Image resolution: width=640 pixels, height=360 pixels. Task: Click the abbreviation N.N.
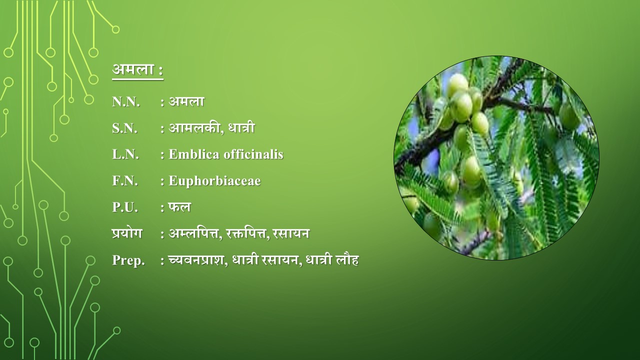[126, 101]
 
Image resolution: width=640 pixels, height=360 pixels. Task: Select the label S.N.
[125, 128]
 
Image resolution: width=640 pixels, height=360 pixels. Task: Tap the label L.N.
[125, 154]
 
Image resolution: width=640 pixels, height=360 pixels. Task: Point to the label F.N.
[125, 181]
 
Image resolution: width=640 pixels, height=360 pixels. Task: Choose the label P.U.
[125, 207]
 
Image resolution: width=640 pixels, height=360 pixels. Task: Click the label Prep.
[128, 260]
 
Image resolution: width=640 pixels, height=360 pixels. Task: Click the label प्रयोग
[127, 233]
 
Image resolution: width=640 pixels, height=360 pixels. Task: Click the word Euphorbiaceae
[214, 181]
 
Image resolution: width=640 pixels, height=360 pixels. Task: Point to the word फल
[179, 207]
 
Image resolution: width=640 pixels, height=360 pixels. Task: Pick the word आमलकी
[195, 127]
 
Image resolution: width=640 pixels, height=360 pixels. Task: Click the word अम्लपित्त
[195, 233]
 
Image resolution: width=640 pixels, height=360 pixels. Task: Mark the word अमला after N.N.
[186, 101]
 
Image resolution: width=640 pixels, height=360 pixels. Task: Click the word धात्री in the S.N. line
[241, 127]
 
